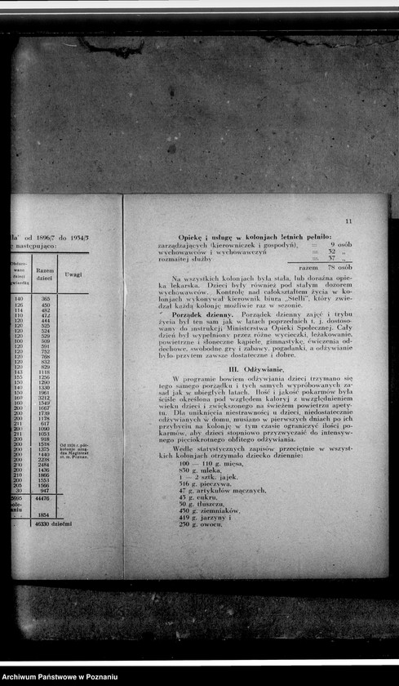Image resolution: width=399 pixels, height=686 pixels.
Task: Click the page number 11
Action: tap(348, 221)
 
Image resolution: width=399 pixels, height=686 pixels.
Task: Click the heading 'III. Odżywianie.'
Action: tap(255, 370)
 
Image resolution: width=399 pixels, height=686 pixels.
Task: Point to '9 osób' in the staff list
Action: tap(340, 244)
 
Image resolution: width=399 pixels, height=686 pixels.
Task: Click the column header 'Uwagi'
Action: tap(73, 275)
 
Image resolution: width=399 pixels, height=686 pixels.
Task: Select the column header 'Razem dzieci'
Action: tap(45, 275)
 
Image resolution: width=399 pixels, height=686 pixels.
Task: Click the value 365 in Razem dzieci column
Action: tap(45, 300)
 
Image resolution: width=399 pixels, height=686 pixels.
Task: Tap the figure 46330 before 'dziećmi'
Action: tap(42, 523)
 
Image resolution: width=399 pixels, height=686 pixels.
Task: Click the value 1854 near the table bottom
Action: tap(45, 515)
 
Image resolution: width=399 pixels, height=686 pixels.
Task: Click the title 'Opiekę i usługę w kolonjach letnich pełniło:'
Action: tap(255, 235)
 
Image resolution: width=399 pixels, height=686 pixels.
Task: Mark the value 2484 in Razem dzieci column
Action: tap(44, 465)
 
